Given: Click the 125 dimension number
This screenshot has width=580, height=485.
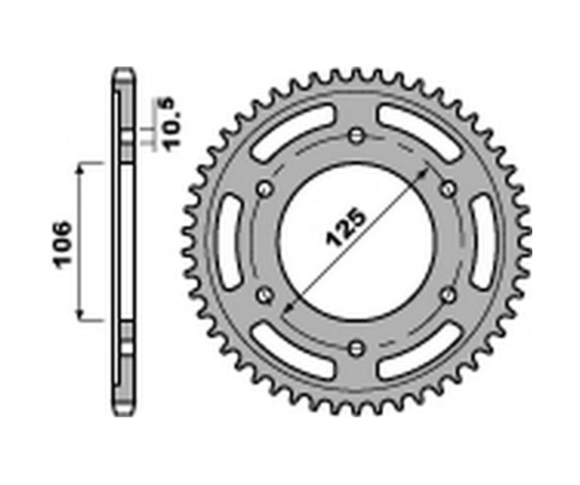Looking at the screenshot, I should pyautogui.click(x=346, y=228).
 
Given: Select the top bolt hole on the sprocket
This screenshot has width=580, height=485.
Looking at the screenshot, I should pyautogui.click(x=356, y=136).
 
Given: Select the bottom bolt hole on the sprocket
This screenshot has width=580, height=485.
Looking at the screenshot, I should pyautogui.click(x=356, y=348).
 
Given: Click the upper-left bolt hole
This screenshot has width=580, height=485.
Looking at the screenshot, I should pyautogui.click(x=264, y=189).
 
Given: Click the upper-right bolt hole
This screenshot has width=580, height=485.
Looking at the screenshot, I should pyautogui.click(x=448, y=188).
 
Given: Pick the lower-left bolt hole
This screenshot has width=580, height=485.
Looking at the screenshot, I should pyautogui.click(x=264, y=295).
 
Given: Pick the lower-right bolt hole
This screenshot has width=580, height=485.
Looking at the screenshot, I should pyautogui.click(x=448, y=295).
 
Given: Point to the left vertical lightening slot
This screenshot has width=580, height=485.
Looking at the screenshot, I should pyautogui.click(x=229, y=241).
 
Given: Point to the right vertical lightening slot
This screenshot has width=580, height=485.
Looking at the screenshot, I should pyautogui.click(x=482, y=241).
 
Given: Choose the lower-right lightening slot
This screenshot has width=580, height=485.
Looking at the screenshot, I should pyautogui.click(x=420, y=352).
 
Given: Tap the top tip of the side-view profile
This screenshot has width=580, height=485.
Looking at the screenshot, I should pyautogui.click(x=124, y=68).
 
